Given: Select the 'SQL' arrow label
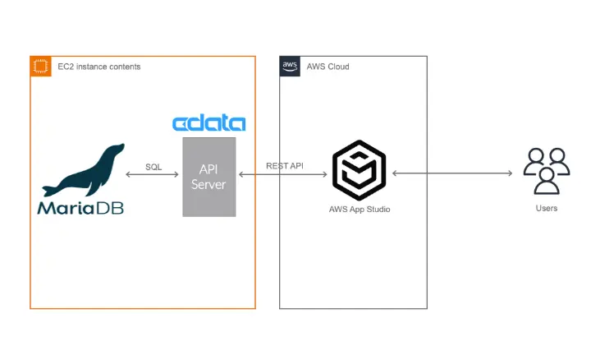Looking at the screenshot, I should tap(153, 167).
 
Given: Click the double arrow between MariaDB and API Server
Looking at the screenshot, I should tap(153, 175).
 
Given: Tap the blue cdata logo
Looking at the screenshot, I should tap(208, 124).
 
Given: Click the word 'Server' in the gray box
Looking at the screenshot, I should tap(208, 185).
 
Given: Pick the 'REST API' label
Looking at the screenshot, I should tap(284, 166).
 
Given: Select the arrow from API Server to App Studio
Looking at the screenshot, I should tap(283, 174).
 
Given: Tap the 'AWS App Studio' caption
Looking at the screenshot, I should tap(360, 210).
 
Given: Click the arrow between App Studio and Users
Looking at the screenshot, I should tap(451, 173).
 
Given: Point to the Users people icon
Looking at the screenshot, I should tap(547, 170).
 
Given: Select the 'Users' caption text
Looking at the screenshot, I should tap(547, 208).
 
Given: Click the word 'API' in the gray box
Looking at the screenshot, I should tap(208, 168).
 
